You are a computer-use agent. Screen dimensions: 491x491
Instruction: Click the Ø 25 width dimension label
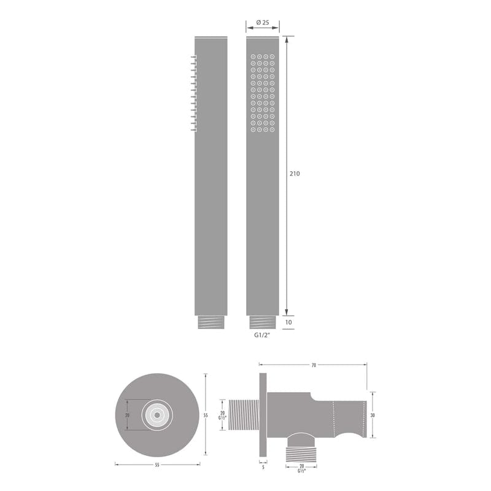pos(263,23)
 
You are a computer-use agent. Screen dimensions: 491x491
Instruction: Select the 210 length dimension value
pos(295,174)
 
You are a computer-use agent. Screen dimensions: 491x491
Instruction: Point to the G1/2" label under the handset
pos(263,336)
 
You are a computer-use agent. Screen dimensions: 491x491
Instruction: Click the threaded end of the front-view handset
pos(263,322)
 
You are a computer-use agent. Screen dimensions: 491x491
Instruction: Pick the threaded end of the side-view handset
pos(211,322)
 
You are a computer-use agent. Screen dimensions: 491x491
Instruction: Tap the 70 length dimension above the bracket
pos(314,365)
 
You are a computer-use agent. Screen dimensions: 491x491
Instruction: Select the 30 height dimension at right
pos(374,415)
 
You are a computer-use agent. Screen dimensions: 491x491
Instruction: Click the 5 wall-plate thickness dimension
pos(263,467)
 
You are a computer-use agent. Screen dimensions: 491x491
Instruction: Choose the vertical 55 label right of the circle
pos(206,416)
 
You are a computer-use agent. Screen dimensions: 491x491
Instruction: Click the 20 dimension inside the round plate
pos(127,415)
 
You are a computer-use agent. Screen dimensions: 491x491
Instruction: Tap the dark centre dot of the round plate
pos(157,415)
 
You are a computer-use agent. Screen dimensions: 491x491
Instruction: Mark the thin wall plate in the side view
pos(263,405)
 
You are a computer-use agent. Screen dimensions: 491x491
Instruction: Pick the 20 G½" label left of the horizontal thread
pos(222,416)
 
